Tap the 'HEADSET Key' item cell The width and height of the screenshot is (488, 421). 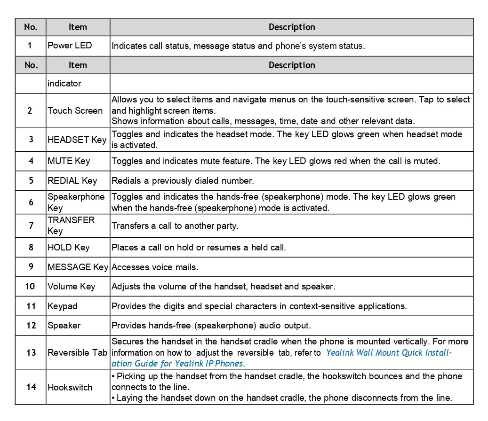coord(77,140)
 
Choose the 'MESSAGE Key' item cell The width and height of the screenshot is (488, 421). coord(78,267)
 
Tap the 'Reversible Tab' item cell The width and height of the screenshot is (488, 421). coord(78,353)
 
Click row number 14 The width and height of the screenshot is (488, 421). coord(31,388)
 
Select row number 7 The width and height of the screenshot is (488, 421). coord(31,226)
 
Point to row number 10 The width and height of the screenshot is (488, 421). coord(31,287)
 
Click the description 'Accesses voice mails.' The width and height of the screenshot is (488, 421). coord(155,267)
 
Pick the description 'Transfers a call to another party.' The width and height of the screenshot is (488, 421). coord(175,226)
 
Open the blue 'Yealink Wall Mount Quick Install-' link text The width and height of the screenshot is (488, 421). coord(389,353)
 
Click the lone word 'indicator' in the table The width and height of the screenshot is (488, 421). coord(64,84)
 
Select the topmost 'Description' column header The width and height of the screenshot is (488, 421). coord(292,27)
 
